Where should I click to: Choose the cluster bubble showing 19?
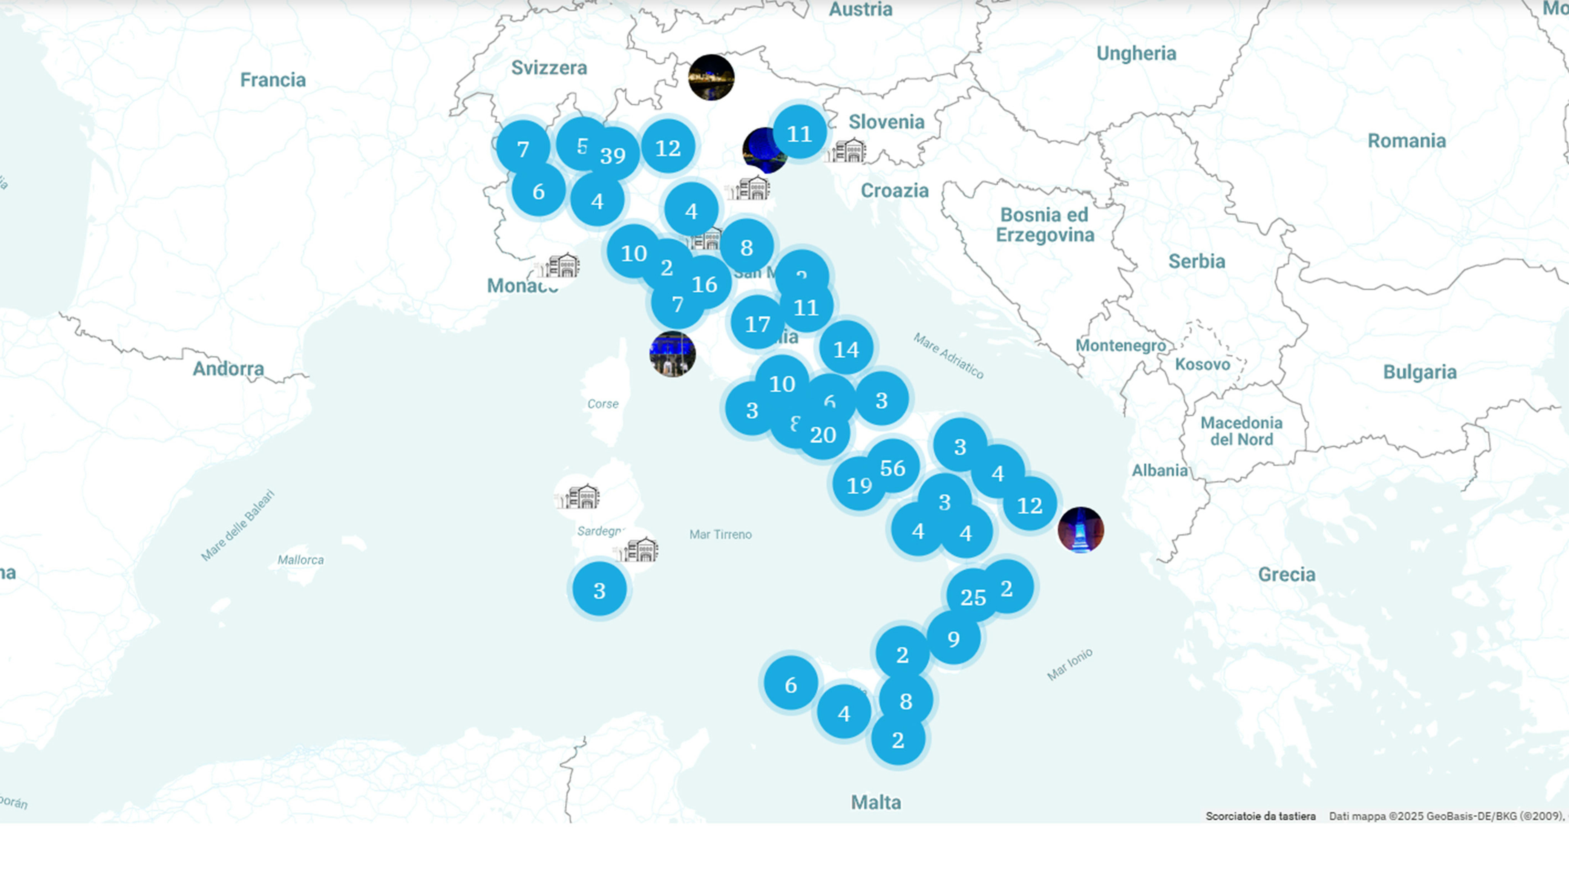(859, 485)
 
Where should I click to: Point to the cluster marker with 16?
(705, 284)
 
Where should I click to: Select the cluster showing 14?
(846, 349)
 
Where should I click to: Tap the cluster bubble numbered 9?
(953, 639)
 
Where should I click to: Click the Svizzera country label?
(549, 68)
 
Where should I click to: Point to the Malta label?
(876, 802)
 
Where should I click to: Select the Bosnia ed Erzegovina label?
(1045, 225)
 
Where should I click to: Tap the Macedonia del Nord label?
(1241, 431)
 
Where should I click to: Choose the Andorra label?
(228, 368)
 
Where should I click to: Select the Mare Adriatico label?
(948, 356)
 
